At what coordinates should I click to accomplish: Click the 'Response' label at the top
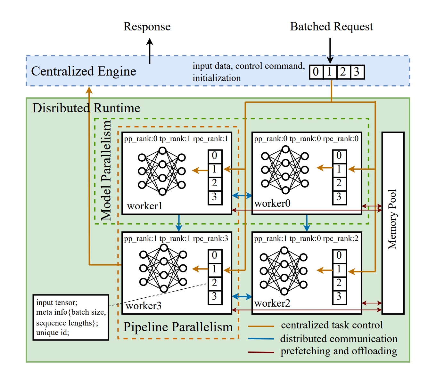[147, 27]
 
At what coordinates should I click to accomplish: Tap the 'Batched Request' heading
[331, 27]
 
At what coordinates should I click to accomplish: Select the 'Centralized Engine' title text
[84, 71]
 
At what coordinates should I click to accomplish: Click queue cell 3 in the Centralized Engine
[357, 72]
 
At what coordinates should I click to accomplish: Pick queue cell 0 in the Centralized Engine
[316, 72]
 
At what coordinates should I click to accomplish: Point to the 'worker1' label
[145, 206]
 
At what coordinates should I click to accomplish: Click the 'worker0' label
[272, 203]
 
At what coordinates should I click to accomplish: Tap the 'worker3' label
[144, 306]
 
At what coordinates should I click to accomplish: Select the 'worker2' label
[272, 303]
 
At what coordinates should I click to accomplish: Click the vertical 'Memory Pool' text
[392, 219]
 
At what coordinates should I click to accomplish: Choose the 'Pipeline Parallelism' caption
[178, 327]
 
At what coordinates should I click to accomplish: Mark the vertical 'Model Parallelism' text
[106, 170]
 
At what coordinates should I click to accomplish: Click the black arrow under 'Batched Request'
[330, 51]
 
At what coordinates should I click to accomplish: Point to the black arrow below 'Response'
[150, 51]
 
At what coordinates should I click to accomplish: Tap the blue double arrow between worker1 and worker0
[242, 195]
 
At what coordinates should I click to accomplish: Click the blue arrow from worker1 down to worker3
[179, 222]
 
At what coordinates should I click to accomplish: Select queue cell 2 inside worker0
[339, 183]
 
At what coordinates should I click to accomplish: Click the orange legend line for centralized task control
[261, 326]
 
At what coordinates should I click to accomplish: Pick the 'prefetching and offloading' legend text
[339, 351]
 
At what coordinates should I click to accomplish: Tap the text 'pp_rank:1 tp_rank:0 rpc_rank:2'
[306, 239]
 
